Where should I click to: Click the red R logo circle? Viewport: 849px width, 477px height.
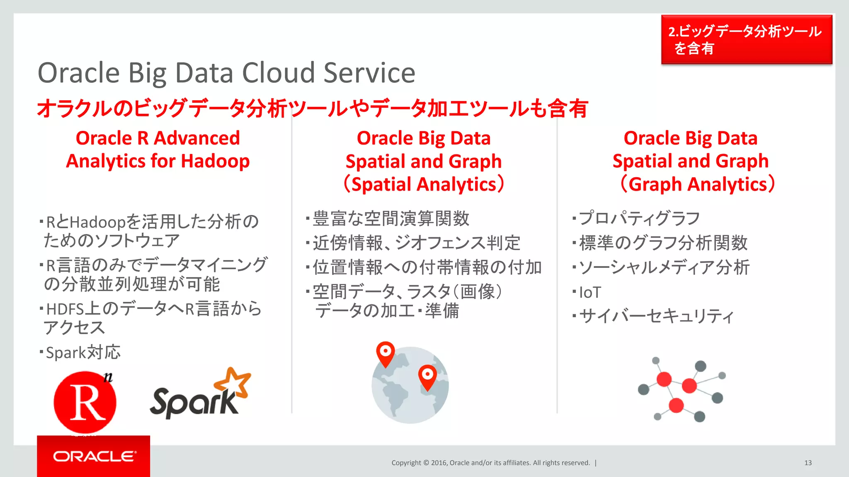point(85,402)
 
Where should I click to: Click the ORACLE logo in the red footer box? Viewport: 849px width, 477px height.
point(94,456)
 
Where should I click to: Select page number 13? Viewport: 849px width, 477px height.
point(808,463)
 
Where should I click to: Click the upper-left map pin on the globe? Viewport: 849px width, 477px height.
point(385,352)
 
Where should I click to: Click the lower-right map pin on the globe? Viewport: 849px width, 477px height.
point(427,376)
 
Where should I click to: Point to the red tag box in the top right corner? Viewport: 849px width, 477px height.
point(746,40)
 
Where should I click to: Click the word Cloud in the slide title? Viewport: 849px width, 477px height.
point(278,73)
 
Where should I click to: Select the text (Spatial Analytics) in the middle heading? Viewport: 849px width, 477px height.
point(424,184)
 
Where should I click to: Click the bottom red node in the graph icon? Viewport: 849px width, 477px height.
point(676,405)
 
